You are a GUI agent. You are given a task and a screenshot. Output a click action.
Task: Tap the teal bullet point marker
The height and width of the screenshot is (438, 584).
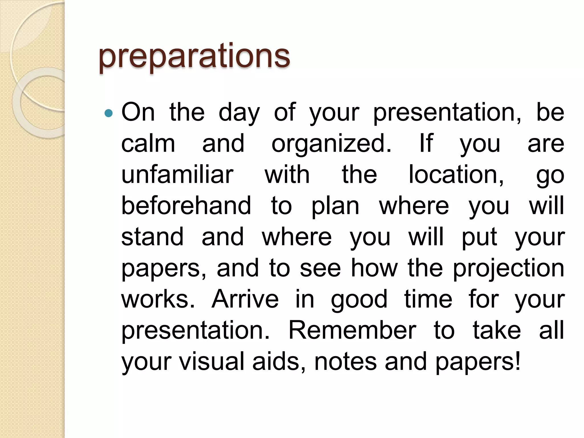109,113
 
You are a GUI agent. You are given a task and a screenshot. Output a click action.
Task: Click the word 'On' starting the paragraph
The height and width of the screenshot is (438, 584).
138,112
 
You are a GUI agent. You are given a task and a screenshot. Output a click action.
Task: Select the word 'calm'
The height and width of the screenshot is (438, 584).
148,143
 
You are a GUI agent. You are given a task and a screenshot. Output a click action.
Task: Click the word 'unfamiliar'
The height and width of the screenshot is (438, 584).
177,175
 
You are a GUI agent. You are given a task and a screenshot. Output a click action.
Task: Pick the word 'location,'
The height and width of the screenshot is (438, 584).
456,175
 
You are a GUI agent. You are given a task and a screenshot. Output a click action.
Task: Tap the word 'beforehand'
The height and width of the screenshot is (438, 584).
186,206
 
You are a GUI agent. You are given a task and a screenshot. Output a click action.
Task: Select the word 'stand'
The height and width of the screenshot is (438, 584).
152,237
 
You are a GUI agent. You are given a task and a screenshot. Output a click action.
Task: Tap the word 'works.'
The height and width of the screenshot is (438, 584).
158,299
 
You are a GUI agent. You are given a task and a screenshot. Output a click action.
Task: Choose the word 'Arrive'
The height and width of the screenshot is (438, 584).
245,299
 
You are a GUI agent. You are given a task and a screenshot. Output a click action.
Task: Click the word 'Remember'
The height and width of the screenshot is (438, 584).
352,330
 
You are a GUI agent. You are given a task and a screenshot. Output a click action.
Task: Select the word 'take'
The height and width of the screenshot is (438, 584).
497,330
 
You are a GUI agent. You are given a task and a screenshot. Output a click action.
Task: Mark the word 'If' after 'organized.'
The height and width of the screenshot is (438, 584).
426,143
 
